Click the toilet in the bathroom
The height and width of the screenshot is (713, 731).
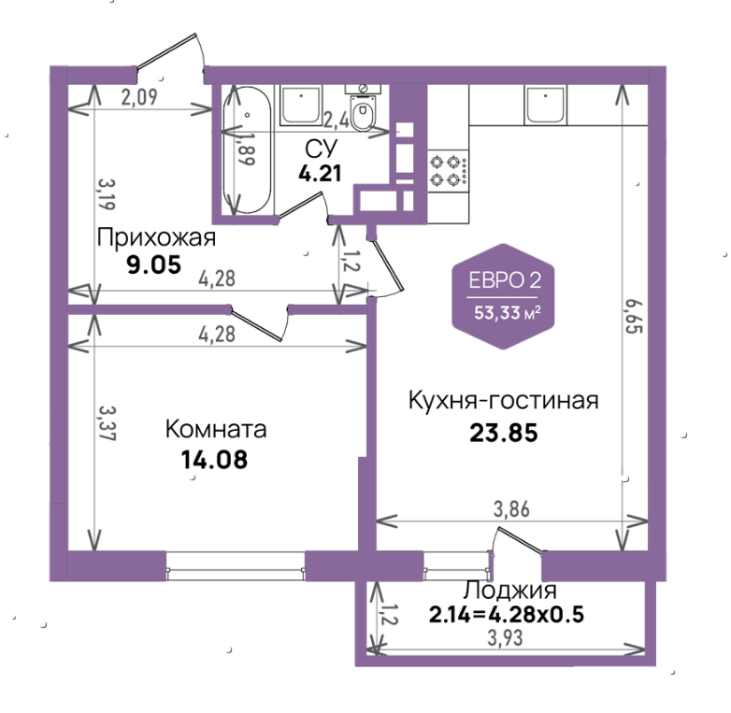click(363, 108)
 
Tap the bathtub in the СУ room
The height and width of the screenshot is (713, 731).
click(247, 150)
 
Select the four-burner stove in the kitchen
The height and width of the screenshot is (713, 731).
click(448, 170)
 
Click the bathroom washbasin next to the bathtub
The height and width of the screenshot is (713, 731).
click(301, 106)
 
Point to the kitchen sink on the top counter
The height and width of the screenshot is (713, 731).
click(546, 105)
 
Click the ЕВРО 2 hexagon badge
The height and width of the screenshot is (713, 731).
click(503, 296)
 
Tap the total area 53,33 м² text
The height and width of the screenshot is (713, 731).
click(508, 313)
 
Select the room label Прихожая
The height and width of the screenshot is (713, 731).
click(157, 237)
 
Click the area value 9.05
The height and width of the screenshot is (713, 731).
click(154, 265)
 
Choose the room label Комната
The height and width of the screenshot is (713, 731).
click(216, 429)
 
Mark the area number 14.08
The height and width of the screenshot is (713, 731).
click(214, 460)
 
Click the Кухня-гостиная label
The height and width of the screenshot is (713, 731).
click(504, 401)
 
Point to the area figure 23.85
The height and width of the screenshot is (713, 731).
click(504, 433)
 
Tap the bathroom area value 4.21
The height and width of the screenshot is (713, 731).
click(320, 174)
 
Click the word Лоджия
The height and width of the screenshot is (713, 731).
click(509, 591)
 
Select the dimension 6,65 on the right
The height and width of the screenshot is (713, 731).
click(634, 317)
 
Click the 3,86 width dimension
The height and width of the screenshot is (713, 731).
click(511, 509)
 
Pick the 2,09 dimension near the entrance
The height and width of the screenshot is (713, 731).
click(139, 97)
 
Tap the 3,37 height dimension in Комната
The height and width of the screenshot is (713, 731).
click(107, 423)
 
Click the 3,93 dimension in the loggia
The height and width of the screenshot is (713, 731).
click(505, 638)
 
